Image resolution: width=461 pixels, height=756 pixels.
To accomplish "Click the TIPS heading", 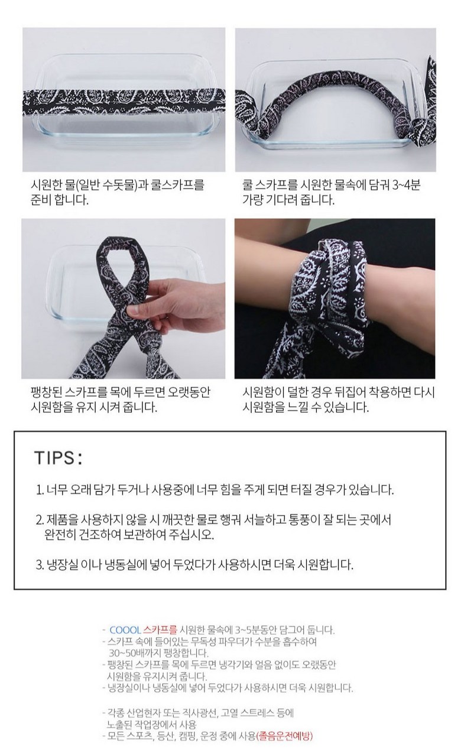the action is pyautogui.click(x=59, y=458).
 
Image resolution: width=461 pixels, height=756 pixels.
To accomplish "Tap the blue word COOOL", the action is pyautogui.click(x=125, y=630).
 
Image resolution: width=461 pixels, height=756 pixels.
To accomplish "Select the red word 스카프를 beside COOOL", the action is pyautogui.click(x=160, y=630).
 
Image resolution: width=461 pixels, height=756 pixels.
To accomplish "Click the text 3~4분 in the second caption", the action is pyautogui.click(x=406, y=185).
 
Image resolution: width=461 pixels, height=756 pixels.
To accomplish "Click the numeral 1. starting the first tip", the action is pyautogui.click(x=40, y=489).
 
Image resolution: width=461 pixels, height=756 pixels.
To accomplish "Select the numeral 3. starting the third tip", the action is pyautogui.click(x=40, y=564).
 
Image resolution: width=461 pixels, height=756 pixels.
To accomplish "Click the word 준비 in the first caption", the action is pyautogui.click(x=41, y=200).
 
